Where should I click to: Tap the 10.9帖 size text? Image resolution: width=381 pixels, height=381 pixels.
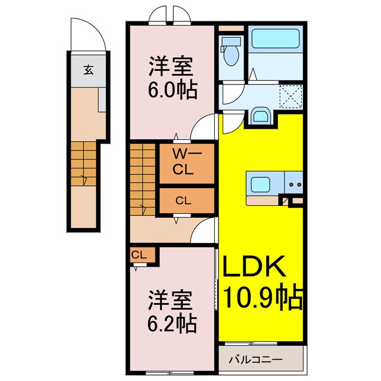[262, 295]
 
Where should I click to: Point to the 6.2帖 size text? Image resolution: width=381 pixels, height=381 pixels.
[173, 323]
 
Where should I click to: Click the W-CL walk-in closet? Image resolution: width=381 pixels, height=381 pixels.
[184, 162]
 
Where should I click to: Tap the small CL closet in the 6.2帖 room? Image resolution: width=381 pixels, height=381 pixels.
[140, 255]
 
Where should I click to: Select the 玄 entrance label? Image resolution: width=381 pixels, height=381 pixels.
[88, 70]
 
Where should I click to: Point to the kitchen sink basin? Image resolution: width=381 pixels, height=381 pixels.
[260, 184]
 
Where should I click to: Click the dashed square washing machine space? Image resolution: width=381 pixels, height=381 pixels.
[291, 95]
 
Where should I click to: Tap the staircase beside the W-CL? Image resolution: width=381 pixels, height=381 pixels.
[143, 179]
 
